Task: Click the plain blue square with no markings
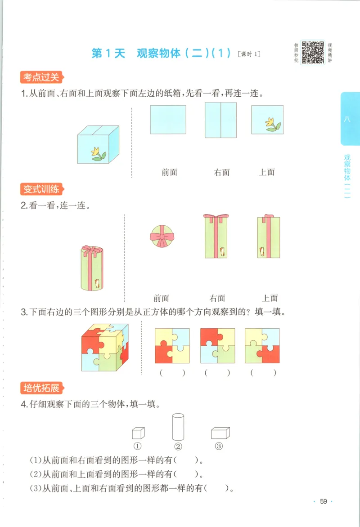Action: click(168, 120)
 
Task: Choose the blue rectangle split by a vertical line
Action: click(220, 120)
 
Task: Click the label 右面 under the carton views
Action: click(222, 172)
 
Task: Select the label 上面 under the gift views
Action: click(270, 298)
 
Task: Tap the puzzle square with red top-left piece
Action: click(217, 345)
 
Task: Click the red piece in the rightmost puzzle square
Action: click(269, 355)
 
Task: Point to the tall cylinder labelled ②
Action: click(178, 427)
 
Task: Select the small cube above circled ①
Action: click(138, 433)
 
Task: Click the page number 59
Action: click(323, 502)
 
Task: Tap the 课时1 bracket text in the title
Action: click(248, 55)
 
